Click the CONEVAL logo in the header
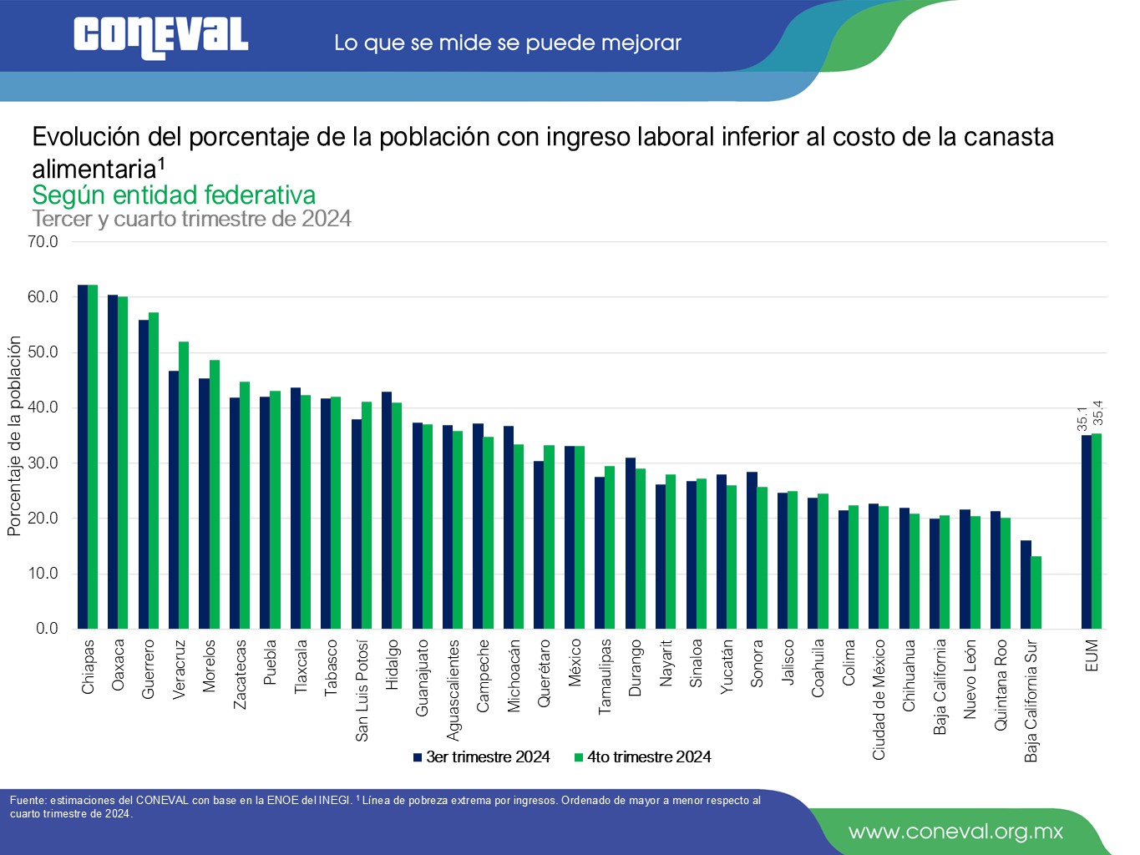tap(160, 38)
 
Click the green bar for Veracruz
tap(184, 484)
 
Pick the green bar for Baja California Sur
tap(1036, 593)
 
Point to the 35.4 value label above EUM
tap(1098, 412)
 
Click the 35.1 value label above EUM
tap(1082, 418)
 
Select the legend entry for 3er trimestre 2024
tap(481, 757)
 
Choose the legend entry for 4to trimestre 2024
tap(642, 757)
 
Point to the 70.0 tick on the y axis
tap(43, 242)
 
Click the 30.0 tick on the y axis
tap(43, 463)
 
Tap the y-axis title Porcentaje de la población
tap(14, 436)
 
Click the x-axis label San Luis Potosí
tap(362, 691)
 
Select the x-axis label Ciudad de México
tap(879, 700)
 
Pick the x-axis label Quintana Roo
tap(1001, 686)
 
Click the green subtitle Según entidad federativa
tap(174, 195)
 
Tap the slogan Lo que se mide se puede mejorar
tap(508, 43)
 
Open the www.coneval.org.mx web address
tap(955, 832)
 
